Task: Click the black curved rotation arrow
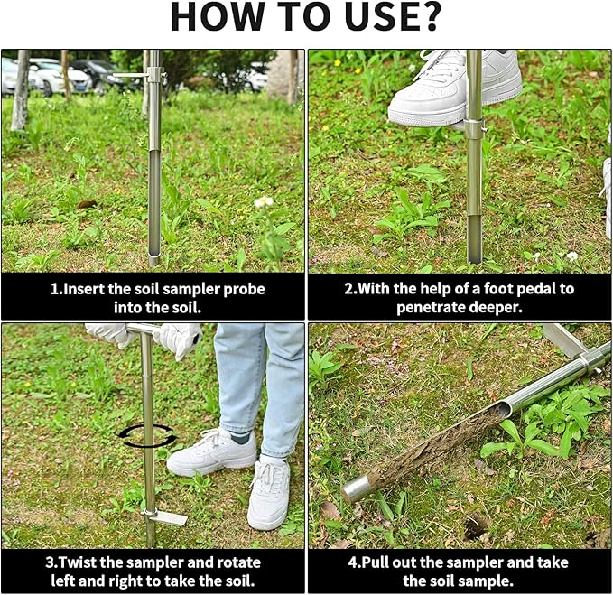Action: (x=147, y=436)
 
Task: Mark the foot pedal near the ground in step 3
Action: (x=168, y=517)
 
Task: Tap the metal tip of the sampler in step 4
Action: (x=358, y=490)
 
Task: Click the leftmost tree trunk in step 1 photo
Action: (x=20, y=90)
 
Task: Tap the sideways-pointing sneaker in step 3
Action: (x=211, y=452)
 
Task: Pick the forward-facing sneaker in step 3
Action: (x=269, y=492)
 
